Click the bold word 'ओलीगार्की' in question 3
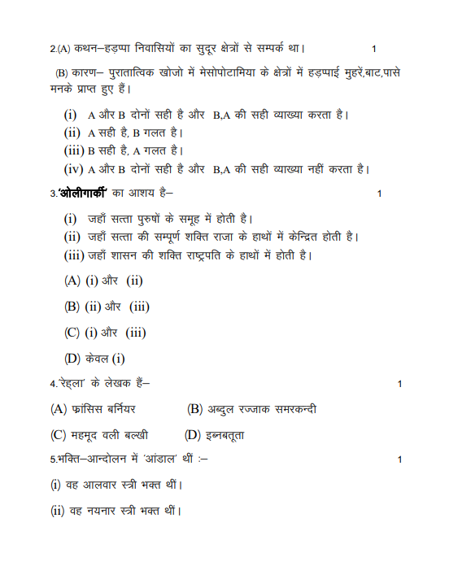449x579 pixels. pyautogui.click(x=84, y=194)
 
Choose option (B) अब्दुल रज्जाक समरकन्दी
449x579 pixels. pyautogui.click(x=251, y=409)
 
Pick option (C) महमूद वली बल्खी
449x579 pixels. pyautogui.click(x=99, y=435)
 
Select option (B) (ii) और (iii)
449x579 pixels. pyautogui.click(x=107, y=307)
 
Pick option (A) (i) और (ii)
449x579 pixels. pyautogui.click(x=103, y=281)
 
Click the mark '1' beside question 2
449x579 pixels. pyautogui.click(x=373, y=49)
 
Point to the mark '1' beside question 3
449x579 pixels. pyautogui.click(x=380, y=194)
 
